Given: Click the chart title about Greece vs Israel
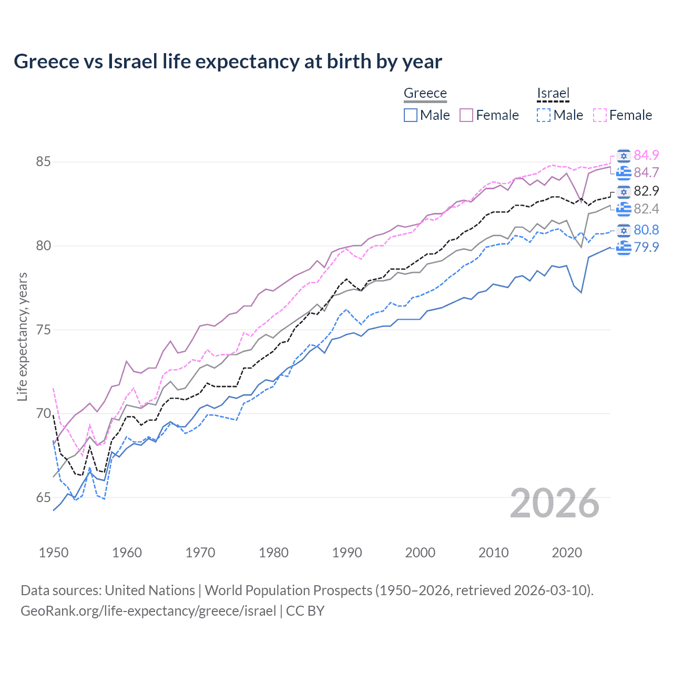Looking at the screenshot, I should coord(228,62).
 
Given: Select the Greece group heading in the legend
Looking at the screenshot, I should coord(425,94).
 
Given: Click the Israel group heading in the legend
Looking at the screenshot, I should coord(553,94).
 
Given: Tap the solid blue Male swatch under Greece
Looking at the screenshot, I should coord(411,115).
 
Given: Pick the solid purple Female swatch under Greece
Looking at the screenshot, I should coord(466,115).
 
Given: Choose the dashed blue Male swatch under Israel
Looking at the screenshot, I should coord(544,115).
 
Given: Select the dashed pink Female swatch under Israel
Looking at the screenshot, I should coord(600,115).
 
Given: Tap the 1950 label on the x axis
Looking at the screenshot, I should coord(54,553).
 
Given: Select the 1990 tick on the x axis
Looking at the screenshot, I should coord(347,553).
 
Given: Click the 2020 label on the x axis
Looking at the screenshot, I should coord(567,553).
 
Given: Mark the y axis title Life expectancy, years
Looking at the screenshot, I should coord(23,336).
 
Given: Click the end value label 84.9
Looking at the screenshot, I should coord(646,155).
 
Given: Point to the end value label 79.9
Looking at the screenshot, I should coord(646,247).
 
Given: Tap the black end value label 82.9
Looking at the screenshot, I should coord(646,191).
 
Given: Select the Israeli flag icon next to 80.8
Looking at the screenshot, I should coord(624,230).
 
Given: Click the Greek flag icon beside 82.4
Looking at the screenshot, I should coord(624,209).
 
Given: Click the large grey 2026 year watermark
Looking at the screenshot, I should coord(554,503).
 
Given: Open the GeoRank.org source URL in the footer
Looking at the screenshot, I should coord(148,611).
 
